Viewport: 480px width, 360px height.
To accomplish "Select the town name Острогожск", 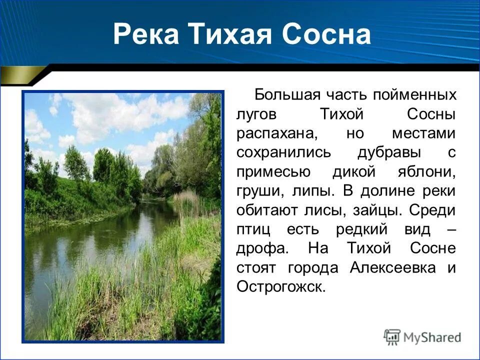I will pyautogui.click(x=281, y=287).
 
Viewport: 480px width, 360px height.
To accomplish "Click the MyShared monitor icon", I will pyautogui.click(x=392, y=337).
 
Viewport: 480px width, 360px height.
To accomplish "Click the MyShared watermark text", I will pyautogui.click(x=432, y=337).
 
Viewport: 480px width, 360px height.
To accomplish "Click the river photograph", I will pyautogui.click(x=122, y=216).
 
